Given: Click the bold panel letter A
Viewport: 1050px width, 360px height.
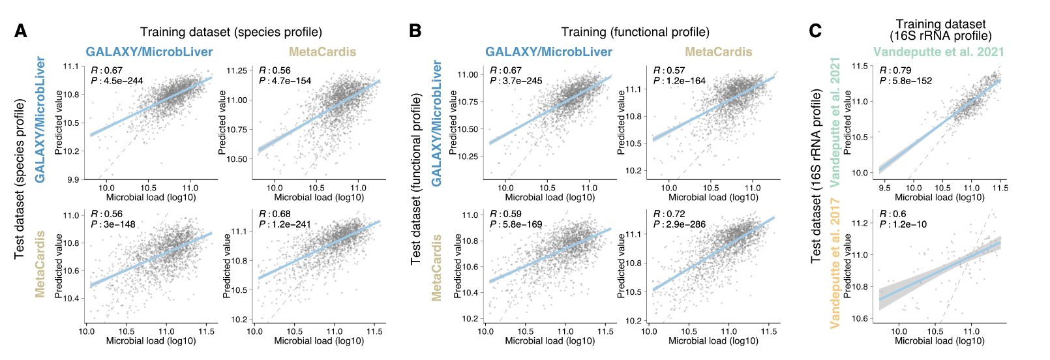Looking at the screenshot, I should [21, 31].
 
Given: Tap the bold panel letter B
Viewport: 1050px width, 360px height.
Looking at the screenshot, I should [415, 31].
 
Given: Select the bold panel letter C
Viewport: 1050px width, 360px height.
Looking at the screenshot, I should [815, 31].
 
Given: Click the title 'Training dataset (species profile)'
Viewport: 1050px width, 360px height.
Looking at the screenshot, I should [231, 32].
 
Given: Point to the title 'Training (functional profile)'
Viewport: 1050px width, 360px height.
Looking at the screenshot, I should [635, 32].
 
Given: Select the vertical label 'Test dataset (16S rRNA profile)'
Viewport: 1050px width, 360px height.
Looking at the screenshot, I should [816, 176].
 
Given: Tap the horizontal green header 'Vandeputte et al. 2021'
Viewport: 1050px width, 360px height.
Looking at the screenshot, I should [938, 52].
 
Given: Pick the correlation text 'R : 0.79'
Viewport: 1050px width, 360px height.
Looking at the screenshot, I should [895, 70].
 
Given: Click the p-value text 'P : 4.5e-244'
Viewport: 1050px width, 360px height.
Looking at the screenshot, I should [117, 81].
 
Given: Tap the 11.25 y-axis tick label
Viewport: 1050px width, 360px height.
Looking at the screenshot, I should [235, 70].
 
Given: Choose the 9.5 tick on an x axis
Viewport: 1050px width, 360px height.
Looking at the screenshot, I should [884, 188].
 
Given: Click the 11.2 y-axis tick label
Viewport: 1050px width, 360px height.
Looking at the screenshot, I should [861, 223].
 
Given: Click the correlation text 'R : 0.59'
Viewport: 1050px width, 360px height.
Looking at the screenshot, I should [505, 214].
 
